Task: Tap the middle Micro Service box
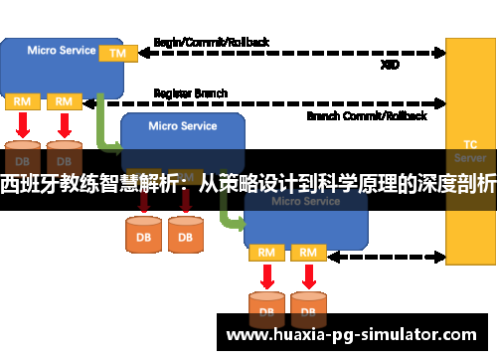pos(182,135)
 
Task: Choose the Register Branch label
pos(190,93)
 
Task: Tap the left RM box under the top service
pos(21,101)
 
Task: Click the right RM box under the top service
pos(64,101)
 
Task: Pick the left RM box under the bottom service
pos(265,253)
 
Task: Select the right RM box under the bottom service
pos(308,253)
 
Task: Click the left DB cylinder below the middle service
pos(143,235)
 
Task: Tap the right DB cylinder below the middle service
pos(185,235)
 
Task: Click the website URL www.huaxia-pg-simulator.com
pos(353,335)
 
